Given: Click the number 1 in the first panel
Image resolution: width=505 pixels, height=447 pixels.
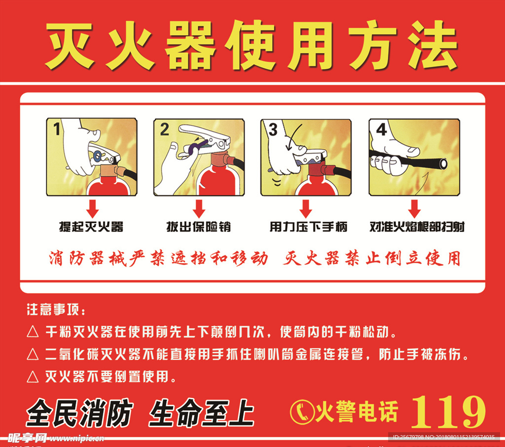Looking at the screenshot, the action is click(57, 129).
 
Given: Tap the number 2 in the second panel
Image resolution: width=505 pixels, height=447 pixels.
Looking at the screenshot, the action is click(165, 130).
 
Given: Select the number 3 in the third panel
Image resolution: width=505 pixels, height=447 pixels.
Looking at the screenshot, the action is click(273, 130).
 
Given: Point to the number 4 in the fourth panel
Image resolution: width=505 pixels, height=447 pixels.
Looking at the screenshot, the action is click(381, 130).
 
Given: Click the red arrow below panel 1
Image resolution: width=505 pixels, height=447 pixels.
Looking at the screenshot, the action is click(92, 208).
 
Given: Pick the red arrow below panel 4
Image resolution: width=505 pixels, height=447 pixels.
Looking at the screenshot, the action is click(414, 208).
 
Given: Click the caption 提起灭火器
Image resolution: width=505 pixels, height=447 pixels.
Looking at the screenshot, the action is click(91, 227).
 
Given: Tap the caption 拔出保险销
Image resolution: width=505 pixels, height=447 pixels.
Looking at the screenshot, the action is click(198, 227).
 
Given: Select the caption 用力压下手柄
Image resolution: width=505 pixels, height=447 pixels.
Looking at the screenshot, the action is click(308, 227).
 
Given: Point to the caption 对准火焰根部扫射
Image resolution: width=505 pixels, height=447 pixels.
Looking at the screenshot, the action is click(417, 227).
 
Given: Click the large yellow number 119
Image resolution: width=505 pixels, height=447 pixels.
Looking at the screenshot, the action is click(448, 412).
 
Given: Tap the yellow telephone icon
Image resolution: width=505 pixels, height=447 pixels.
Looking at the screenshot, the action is click(302, 412).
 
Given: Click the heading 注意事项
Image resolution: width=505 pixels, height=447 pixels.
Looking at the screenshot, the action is click(56, 309).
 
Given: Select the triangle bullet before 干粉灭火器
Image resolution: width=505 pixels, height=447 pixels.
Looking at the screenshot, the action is click(33, 332).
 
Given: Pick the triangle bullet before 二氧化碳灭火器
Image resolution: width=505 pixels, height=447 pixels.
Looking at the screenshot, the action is click(33, 354).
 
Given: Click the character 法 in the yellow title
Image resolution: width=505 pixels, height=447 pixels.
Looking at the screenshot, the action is click(433, 45).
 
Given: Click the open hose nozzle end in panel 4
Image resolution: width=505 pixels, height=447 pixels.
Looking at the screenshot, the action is click(443, 164).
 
